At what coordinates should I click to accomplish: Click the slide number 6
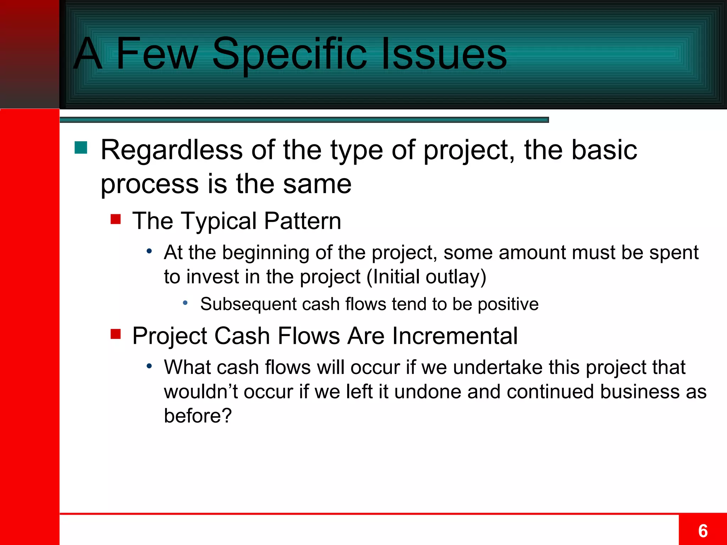[x=703, y=531]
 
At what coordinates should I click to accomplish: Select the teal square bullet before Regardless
[x=81, y=148]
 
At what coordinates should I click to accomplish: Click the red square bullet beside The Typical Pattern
[x=116, y=219]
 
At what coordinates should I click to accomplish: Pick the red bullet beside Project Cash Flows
[x=116, y=334]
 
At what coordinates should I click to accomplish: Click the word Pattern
[x=302, y=221]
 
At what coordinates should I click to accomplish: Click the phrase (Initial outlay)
[x=426, y=277]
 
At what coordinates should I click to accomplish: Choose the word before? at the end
[x=198, y=415]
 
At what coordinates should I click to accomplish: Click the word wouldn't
[x=201, y=392]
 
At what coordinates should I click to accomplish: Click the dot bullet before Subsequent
[x=185, y=303]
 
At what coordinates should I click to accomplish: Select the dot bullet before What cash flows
[x=149, y=366]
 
